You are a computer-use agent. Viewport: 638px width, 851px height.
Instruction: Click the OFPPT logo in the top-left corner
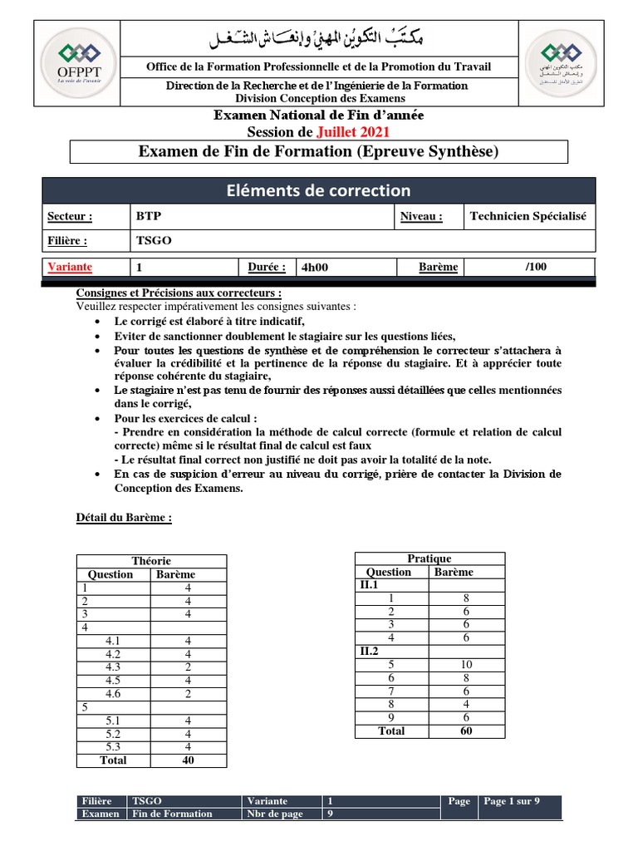pyautogui.click(x=76, y=65)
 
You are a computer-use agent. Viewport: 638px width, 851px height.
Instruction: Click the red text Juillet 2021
pyautogui.click(x=353, y=131)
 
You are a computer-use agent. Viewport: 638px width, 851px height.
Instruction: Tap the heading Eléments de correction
pyautogui.click(x=318, y=191)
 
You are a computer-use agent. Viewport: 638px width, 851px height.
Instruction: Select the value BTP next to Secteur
pyautogui.click(x=149, y=216)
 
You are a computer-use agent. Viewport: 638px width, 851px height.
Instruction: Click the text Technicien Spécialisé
pyautogui.click(x=528, y=216)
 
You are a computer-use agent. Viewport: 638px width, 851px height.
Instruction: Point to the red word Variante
pyautogui.click(x=70, y=267)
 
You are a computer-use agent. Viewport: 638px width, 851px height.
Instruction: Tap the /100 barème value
pyautogui.click(x=537, y=267)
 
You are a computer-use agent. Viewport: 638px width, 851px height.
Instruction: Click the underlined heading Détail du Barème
pyautogui.click(x=124, y=518)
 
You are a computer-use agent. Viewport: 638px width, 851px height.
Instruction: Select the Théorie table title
pyautogui.click(x=151, y=561)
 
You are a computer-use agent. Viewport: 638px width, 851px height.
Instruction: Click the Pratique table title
pyautogui.click(x=429, y=558)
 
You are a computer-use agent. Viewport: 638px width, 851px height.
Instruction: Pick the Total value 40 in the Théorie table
pyautogui.click(x=189, y=760)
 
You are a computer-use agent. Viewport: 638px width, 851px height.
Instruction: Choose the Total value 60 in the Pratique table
pyautogui.click(x=466, y=730)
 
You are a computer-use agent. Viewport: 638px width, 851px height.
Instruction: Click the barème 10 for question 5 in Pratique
pyautogui.click(x=466, y=664)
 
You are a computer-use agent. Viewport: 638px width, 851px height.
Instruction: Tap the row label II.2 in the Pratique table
pyautogui.click(x=368, y=651)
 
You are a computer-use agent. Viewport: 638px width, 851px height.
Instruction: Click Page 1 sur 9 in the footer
pyautogui.click(x=512, y=801)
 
